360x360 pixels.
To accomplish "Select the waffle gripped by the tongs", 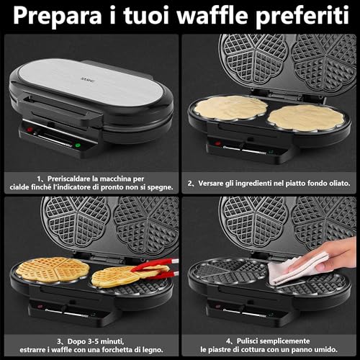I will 117,275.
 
